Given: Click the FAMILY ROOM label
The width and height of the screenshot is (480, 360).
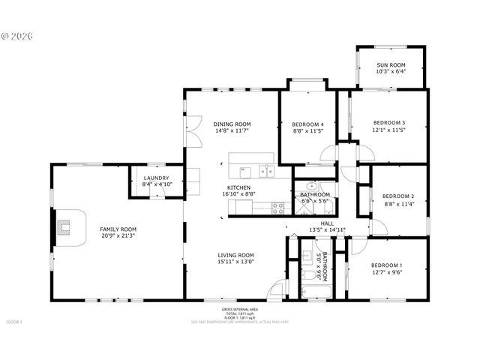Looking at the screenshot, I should click(119, 229).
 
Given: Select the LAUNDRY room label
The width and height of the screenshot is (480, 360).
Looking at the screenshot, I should click(157, 178).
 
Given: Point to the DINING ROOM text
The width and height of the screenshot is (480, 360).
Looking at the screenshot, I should click(232, 124).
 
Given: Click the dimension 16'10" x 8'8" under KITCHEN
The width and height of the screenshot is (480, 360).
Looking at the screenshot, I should click(238, 194).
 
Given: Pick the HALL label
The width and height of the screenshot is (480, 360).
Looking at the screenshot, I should click(327, 223).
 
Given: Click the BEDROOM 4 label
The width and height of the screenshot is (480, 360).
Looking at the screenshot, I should click(307, 124).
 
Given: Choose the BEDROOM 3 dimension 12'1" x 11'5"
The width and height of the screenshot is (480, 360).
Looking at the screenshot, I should click(388, 130).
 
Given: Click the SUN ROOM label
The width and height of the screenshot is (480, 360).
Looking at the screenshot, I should click(391, 65).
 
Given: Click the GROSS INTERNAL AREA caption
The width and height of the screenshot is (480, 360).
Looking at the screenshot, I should click(239, 309).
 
